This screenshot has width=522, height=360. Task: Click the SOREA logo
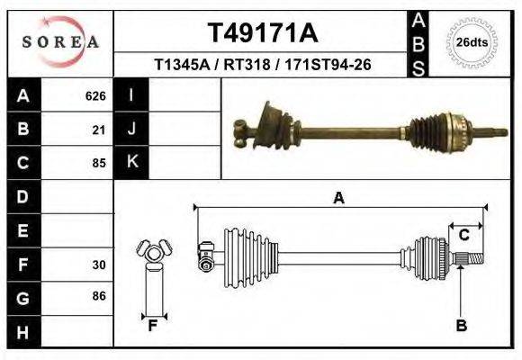click(60, 42)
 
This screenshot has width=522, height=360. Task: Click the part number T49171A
click(263, 33)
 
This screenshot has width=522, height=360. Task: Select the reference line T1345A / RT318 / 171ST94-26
click(263, 65)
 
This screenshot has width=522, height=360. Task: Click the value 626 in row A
click(95, 95)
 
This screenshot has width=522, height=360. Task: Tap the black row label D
click(22, 196)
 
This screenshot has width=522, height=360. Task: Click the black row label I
click(131, 95)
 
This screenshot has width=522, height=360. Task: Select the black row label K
click(132, 163)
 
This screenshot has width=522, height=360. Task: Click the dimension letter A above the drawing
click(339, 199)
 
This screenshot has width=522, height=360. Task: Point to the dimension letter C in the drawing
click(464, 236)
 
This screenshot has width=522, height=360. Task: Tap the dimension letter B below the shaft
click(462, 326)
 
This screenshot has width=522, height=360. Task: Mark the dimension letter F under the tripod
click(154, 326)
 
